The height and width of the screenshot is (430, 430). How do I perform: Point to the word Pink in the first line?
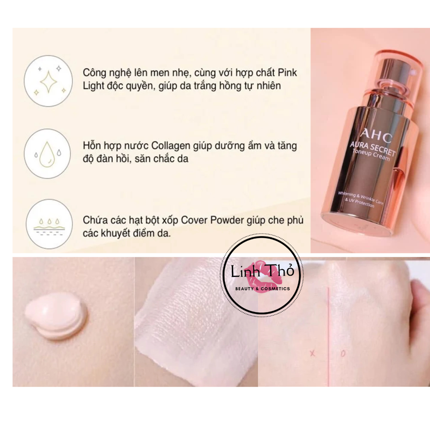[287, 73]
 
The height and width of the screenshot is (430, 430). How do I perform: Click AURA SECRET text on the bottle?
[372, 149]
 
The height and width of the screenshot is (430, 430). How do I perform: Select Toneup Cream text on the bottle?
[371, 155]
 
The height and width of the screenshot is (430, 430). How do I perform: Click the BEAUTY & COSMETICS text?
[262, 289]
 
